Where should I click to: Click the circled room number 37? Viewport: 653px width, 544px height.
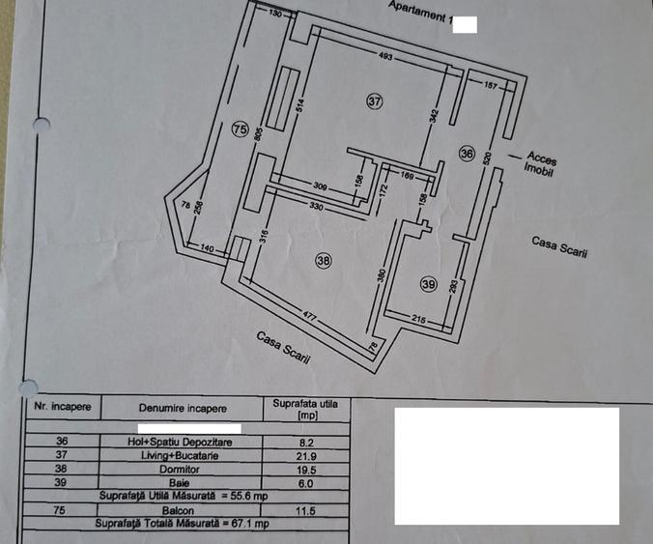click(375, 101)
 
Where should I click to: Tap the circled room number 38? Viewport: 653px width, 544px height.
click(324, 261)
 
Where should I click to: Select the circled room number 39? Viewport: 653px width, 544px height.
click(429, 284)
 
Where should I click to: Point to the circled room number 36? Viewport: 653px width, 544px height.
click(467, 154)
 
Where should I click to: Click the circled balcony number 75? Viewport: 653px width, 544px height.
click(241, 129)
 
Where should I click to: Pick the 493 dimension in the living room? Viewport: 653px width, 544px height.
click(385, 56)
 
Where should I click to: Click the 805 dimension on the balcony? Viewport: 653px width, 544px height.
click(258, 134)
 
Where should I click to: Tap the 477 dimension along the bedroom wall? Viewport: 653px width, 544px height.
click(309, 316)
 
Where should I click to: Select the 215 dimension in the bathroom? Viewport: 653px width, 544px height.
click(418, 319)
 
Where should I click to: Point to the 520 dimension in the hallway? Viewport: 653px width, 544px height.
click(488, 158)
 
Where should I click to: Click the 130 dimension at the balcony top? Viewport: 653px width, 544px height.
click(275, 14)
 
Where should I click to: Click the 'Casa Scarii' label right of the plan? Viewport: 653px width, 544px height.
click(559, 247)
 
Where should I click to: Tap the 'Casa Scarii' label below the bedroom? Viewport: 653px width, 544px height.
click(283, 348)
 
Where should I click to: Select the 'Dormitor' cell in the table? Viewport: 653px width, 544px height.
click(180, 470)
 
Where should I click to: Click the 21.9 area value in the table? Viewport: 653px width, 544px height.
click(306, 456)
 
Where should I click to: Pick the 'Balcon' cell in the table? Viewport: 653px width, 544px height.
click(179, 510)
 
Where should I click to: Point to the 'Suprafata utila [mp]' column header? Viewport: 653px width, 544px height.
click(305, 410)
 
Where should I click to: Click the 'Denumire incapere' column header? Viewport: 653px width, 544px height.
click(183, 408)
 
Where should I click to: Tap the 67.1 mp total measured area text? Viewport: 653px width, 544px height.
click(250, 523)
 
